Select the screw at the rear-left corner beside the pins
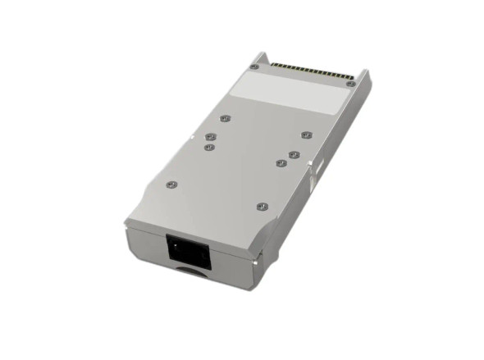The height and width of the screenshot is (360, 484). [254, 66]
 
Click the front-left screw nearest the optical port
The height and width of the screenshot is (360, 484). [170, 184]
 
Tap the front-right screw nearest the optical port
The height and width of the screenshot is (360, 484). [261, 206]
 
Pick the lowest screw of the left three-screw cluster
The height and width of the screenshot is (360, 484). [209, 148]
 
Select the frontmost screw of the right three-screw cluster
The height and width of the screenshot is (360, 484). [281, 162]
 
